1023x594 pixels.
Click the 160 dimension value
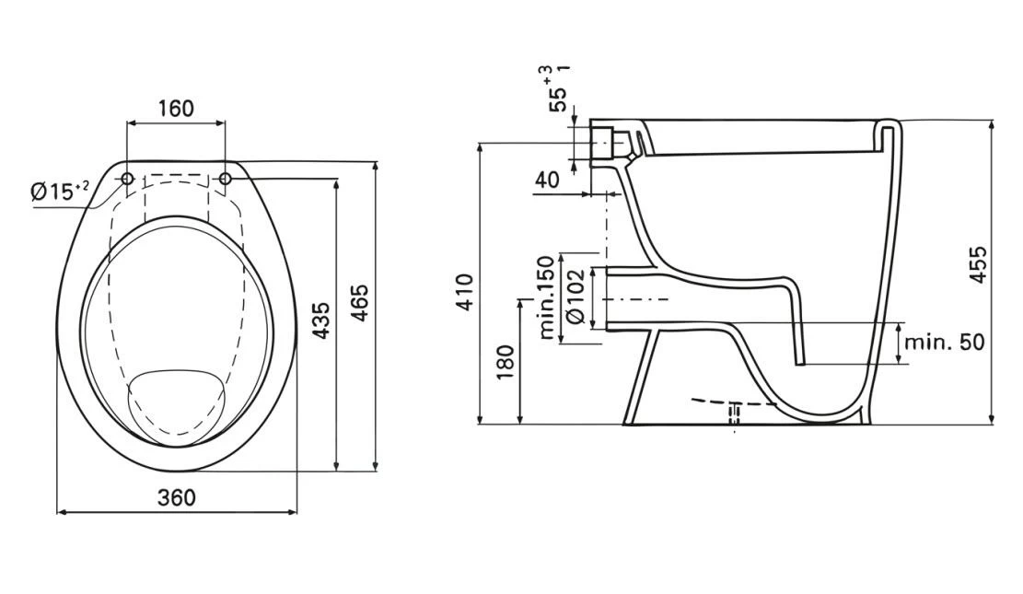175,109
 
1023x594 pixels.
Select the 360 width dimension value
176,497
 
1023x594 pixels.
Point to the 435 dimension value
320,320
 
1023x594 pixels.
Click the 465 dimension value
360,303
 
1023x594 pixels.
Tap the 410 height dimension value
466,292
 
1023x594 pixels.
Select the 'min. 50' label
944,342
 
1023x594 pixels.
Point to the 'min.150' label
547,298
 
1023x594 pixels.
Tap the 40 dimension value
547,180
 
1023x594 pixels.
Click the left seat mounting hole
128,178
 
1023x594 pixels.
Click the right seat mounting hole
225,178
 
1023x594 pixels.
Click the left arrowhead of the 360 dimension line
62,511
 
